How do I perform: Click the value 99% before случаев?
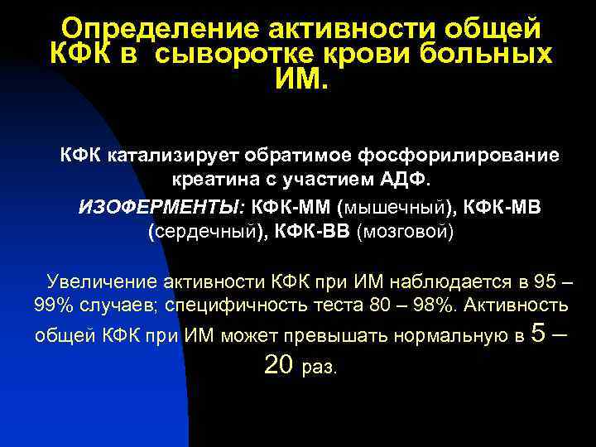coord(53,305)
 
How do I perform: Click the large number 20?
coord(281,364)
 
